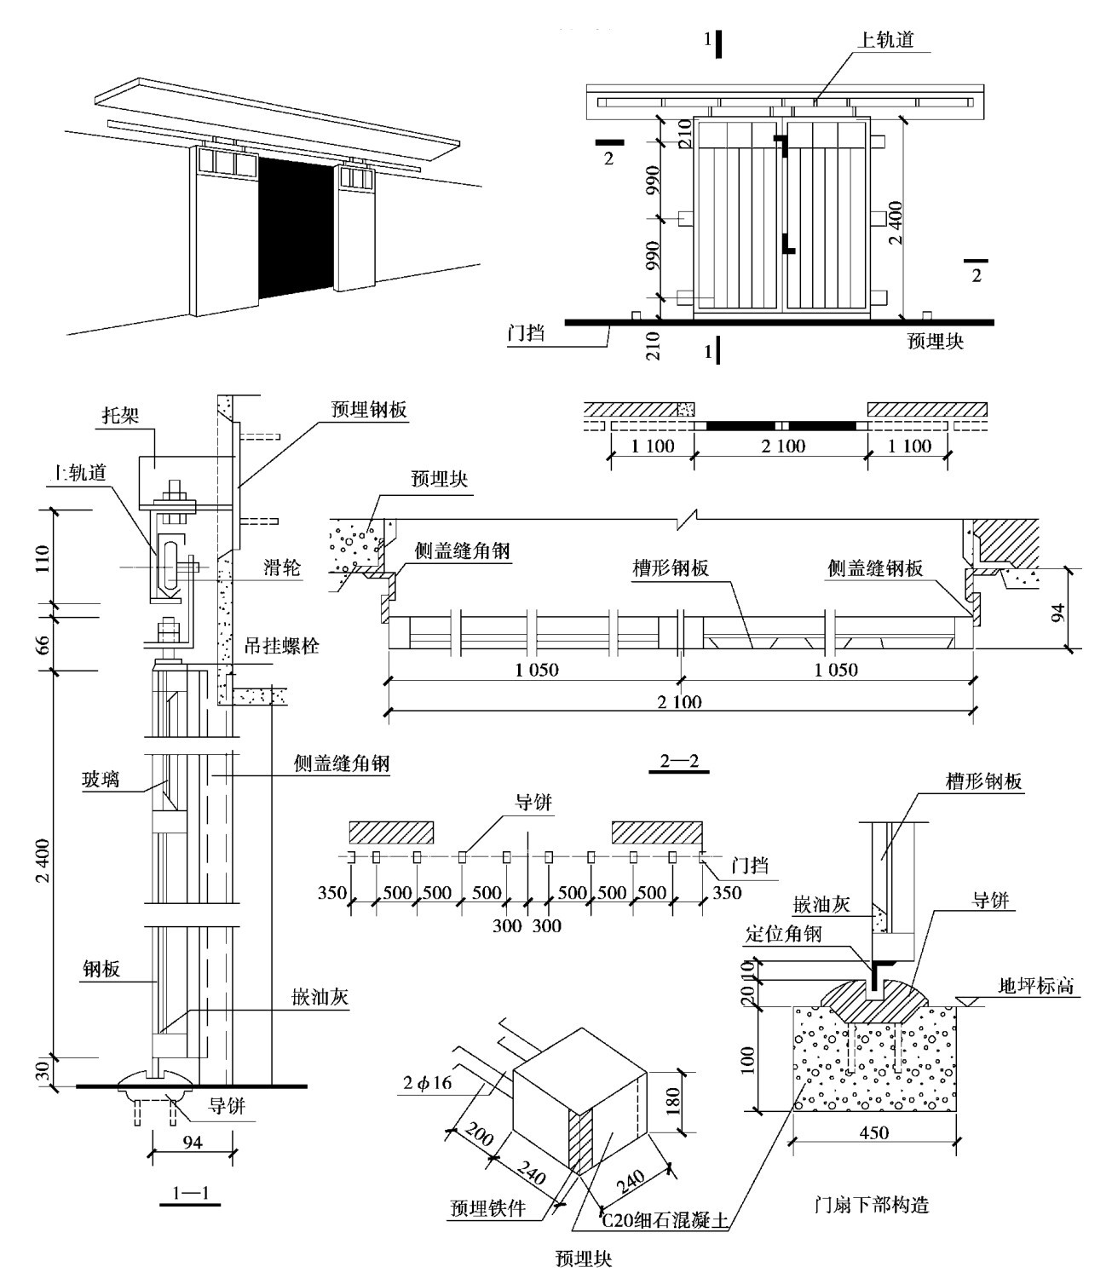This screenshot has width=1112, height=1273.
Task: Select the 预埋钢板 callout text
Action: click(369, 409)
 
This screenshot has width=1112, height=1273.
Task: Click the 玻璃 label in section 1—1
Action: click(101, 779)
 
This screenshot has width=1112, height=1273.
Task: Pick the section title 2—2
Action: click(678, 761)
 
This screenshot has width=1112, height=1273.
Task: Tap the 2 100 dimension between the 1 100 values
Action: click(781, 445)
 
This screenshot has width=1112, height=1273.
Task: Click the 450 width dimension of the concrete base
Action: click(874, 1132)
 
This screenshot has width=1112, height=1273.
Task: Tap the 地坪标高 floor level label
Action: click(1035, 987)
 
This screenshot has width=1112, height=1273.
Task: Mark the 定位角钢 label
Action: click(783, 934)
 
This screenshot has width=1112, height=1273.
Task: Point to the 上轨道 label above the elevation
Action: click(884, 39)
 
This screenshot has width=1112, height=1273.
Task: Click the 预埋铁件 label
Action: click(488, 1207)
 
